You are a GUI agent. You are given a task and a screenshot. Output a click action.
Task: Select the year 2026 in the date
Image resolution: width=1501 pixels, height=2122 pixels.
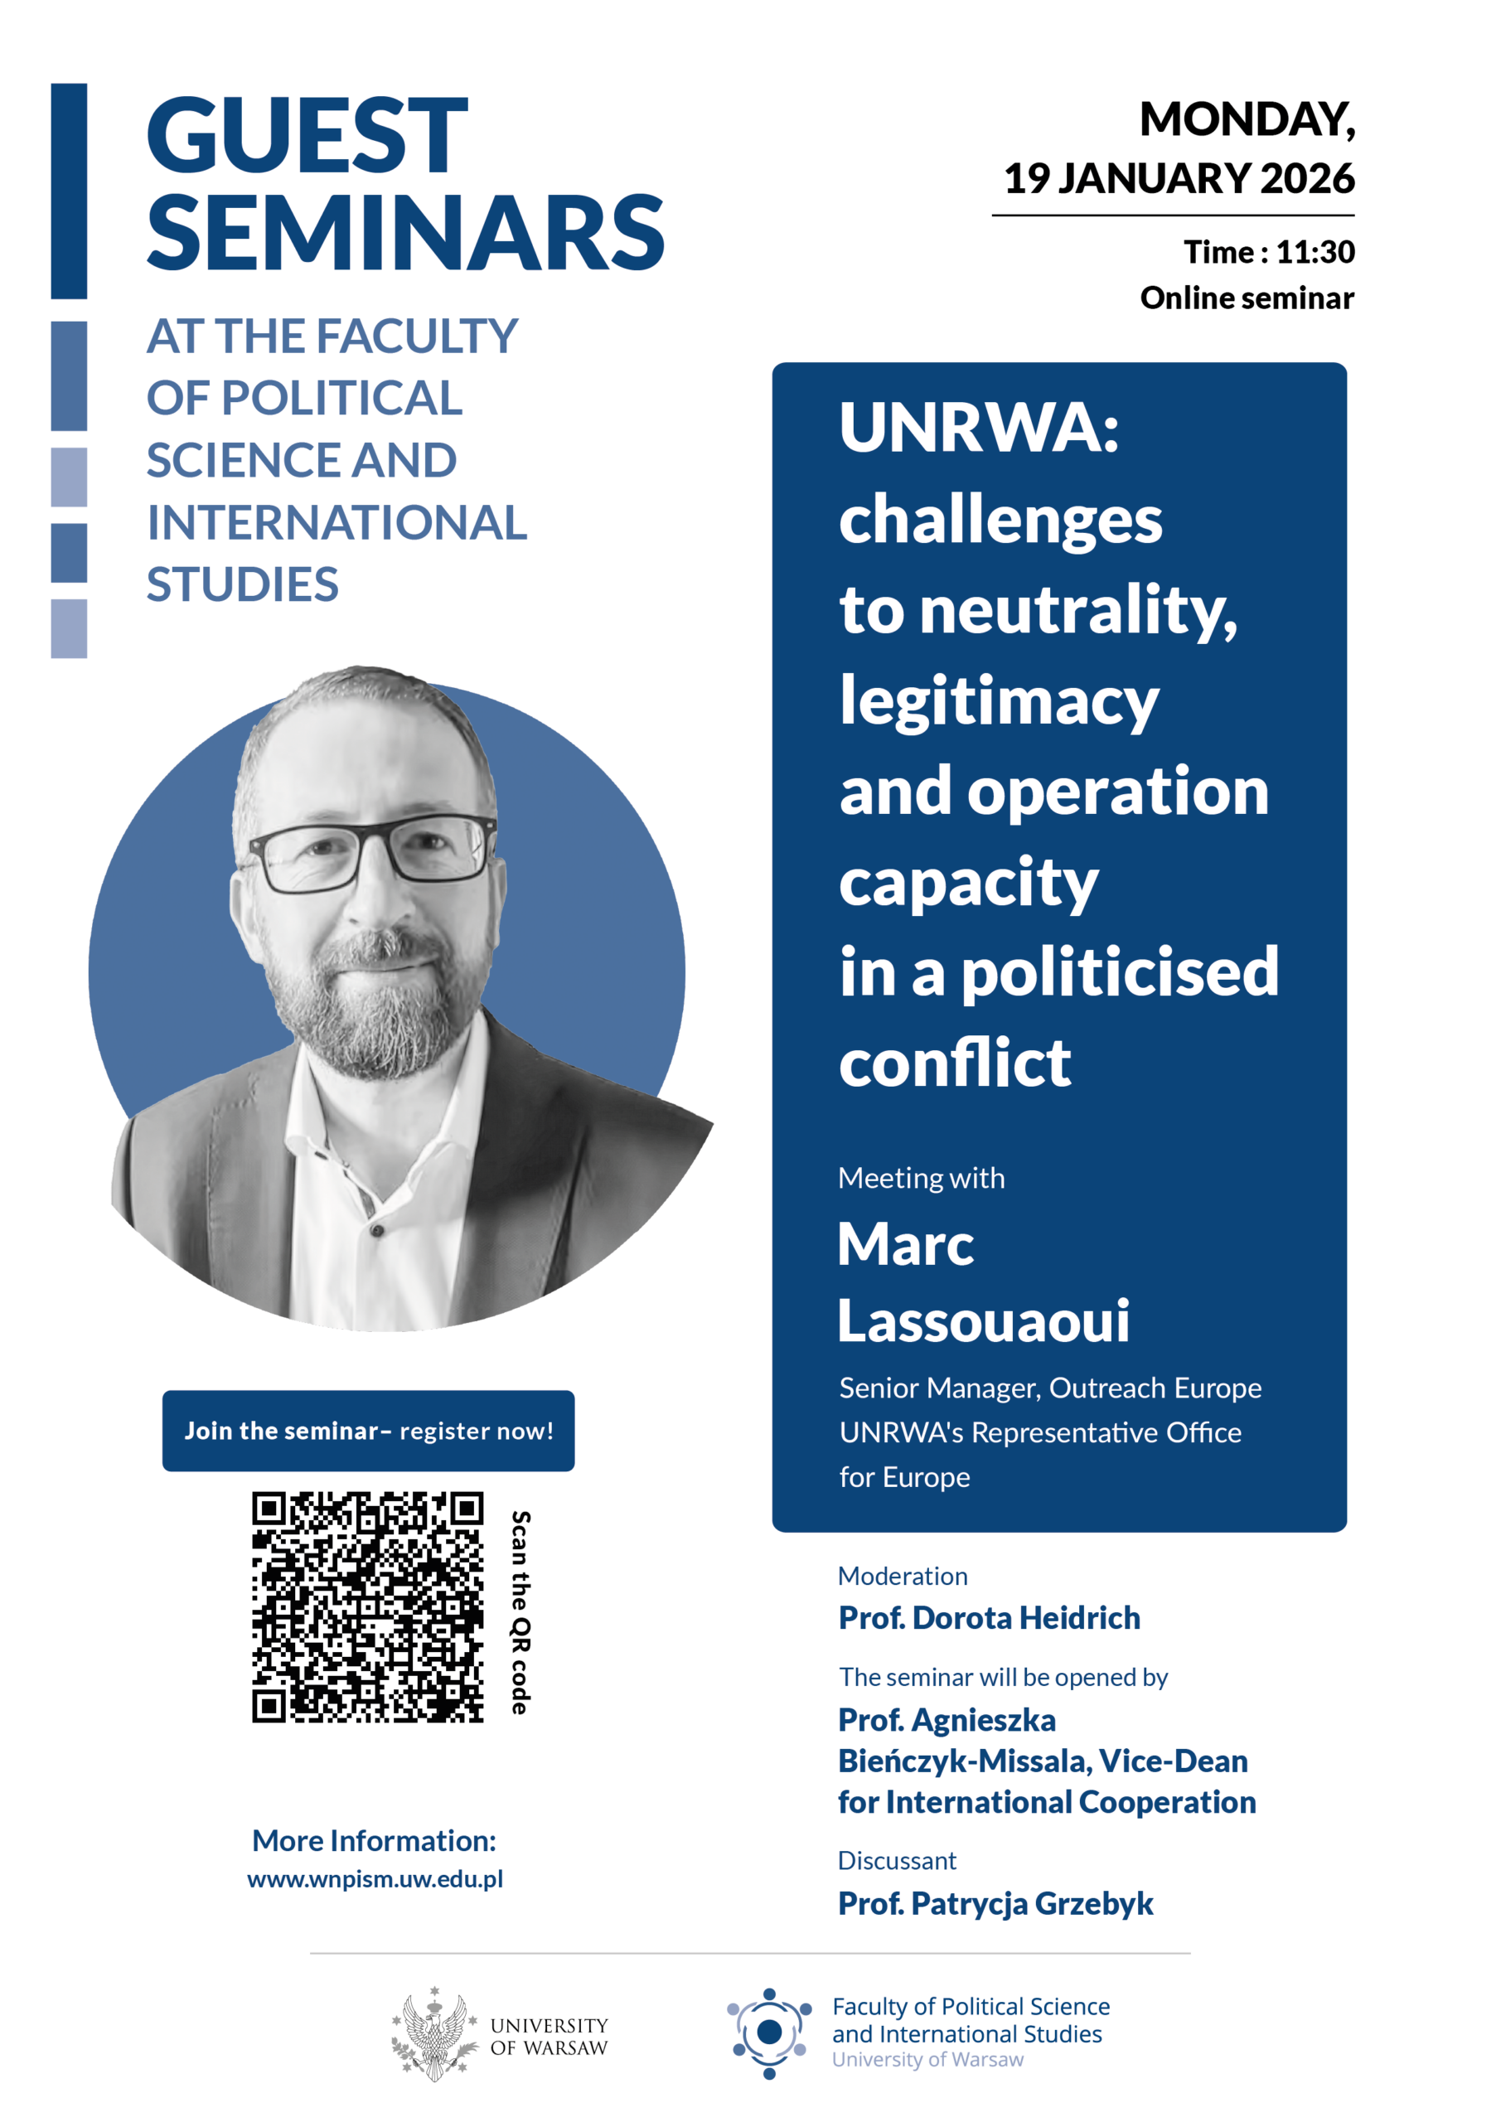pyautogui.click(x=1307, y=178)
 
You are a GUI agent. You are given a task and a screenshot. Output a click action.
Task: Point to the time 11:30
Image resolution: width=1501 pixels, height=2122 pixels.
pyautogui.click(x=1315, y=251)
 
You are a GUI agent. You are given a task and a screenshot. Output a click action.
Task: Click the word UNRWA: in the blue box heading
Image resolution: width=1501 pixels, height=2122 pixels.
pyautogui.click(x=978, y=428)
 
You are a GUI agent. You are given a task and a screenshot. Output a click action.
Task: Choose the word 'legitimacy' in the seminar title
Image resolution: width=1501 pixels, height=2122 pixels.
pyautogui.click(x=998, y=701)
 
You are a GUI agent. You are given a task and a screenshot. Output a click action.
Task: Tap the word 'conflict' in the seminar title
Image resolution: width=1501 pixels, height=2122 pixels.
pyautogui.click(x=954, y=1062)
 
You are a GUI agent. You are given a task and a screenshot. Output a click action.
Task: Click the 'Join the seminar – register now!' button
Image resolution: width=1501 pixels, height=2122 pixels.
pyautogui.click(x=368, y=1431)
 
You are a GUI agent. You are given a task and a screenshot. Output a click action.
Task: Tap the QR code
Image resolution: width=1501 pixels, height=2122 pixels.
pyautogui.click(x=368, y=1606)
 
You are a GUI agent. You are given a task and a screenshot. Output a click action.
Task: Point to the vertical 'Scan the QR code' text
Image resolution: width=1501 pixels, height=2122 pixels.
pyautogui.click(x=521, y=1612)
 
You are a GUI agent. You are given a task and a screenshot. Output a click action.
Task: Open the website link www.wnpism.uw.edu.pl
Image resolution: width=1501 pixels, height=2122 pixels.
pyautogui.click(x=375, y=1878)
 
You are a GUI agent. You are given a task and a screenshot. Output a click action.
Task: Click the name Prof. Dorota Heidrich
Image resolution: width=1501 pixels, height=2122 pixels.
pyautogui.click(x=989, y=1617)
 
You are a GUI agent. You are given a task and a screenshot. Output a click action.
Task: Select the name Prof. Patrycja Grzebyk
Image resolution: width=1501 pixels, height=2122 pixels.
pyautogui.click(x=995, y=1903)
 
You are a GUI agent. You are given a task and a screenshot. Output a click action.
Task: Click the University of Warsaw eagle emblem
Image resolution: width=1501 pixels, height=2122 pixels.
pyautogui.click(x=433, y=2033)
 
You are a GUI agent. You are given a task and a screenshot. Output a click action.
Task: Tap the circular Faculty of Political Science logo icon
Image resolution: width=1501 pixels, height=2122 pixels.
pyautogui.click(x=769, y=2032)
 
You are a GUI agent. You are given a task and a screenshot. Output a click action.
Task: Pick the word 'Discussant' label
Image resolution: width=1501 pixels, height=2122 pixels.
pyautogui.click(x=897, y=1859)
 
